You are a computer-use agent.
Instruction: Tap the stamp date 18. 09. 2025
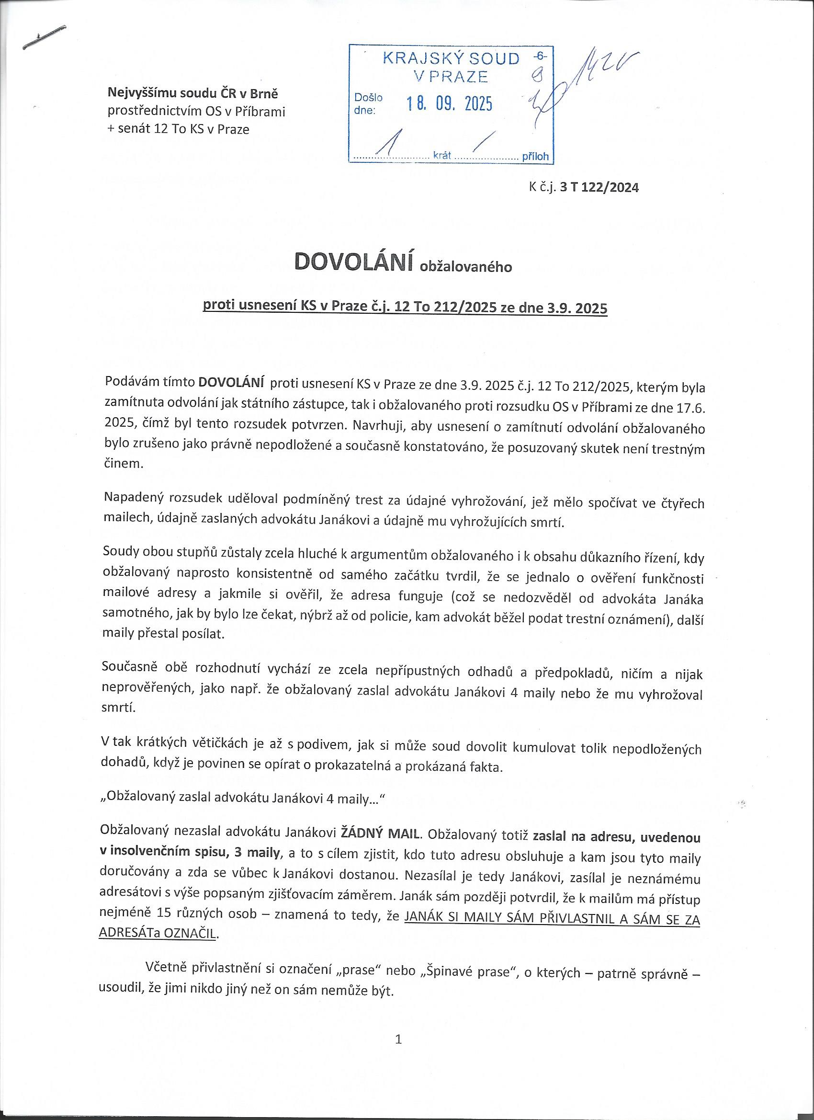449,104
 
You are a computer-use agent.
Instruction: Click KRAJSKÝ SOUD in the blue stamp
451,59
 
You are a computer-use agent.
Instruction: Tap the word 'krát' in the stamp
443,156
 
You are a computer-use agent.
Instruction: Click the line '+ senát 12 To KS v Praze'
179,129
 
